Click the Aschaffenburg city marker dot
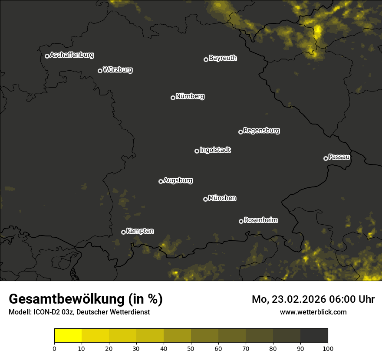(47, 56)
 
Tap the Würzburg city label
(118, 70)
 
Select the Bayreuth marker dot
(206, 59)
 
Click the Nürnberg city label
(190, 96)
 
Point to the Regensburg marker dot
(240, 132)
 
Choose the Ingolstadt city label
(215, 150)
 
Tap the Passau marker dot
(326, 158)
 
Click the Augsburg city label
(178, 180)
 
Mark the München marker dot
(205, 200)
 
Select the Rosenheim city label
(261, 220)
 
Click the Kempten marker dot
(123, 232)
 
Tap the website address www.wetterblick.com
(313, 312)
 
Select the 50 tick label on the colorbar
(191, 348)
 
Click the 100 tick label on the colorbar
(328, 348)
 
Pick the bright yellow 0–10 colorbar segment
(68, 336)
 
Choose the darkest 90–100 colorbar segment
(314, 336)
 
